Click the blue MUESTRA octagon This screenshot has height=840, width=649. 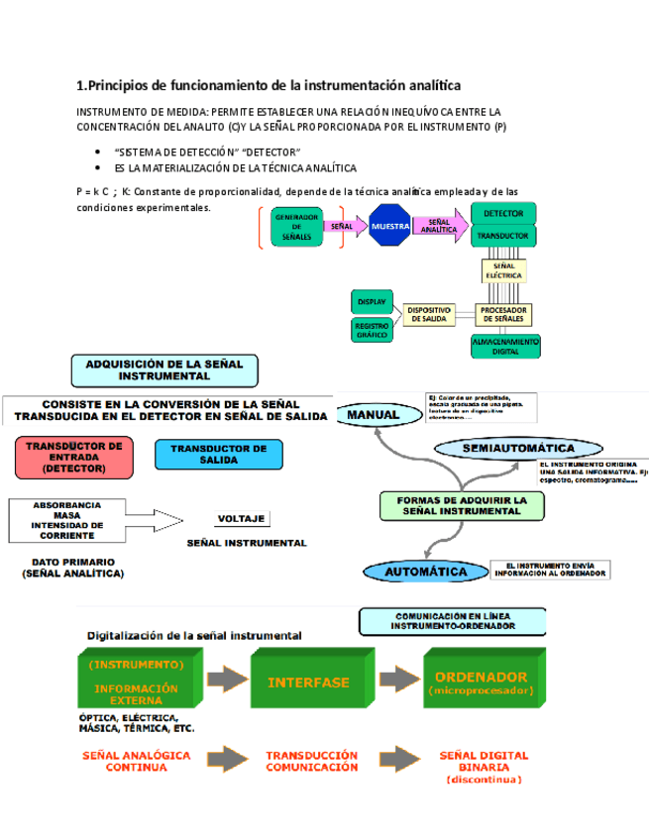(390, 227)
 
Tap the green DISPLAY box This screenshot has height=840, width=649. (373, 300)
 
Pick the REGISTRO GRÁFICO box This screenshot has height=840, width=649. (373, 330)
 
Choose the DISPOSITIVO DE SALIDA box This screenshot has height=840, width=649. (429, 314)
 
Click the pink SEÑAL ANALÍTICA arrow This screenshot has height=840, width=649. (439, 227)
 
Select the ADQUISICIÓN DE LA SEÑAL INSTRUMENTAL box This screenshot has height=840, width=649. (163, 369)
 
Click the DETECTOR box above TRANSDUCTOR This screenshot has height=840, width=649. (504, 213)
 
